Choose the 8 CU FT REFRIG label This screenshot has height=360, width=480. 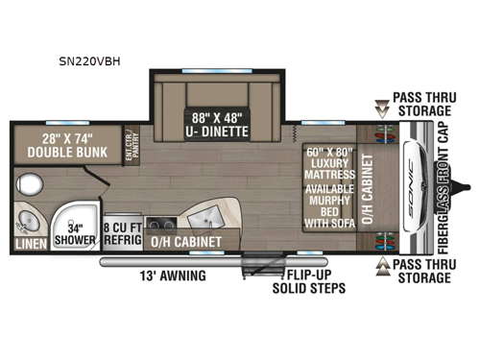click(x=122, y=231)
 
